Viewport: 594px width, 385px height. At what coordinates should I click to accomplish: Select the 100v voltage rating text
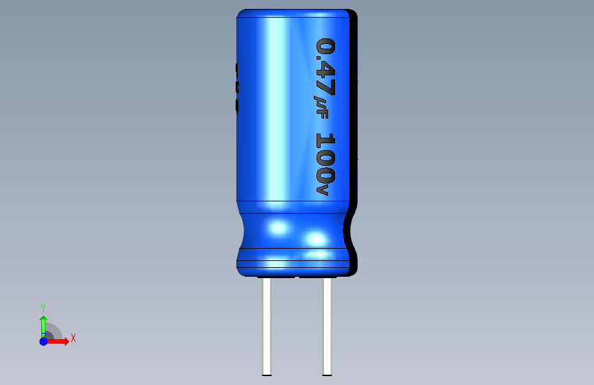pyautogui.click(x=325, y=163)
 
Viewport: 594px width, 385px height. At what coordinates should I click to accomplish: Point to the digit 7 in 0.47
pyautogui.click(x=325, y=87)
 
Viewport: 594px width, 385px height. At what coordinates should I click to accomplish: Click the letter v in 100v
pyautogui.click(x=323, y=188)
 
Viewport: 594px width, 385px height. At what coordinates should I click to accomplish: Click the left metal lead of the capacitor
pyautogui.click(x=267, y=325)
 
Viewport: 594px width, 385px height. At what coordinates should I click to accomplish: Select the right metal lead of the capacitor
pyautogui.click(x=327, y=325)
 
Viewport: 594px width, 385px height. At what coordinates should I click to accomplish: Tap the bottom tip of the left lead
pyautogui.click(x=267, y=373)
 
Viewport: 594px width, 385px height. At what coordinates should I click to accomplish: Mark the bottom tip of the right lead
pyautogui.click(x=327, y=373)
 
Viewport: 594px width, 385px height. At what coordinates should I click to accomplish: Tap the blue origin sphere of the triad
pyautogui.click(x=43, y=340)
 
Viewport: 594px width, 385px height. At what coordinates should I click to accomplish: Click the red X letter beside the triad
pyautogui.click(x=73, y=338)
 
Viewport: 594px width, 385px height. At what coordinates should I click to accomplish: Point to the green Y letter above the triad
pyautogui.click(x=43, y=308)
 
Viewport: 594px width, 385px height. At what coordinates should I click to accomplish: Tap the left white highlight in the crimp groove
pyautogui.click(x=277, y=227)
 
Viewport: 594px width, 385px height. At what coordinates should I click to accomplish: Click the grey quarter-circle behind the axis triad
pyautogui.click(x=54, y=332)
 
